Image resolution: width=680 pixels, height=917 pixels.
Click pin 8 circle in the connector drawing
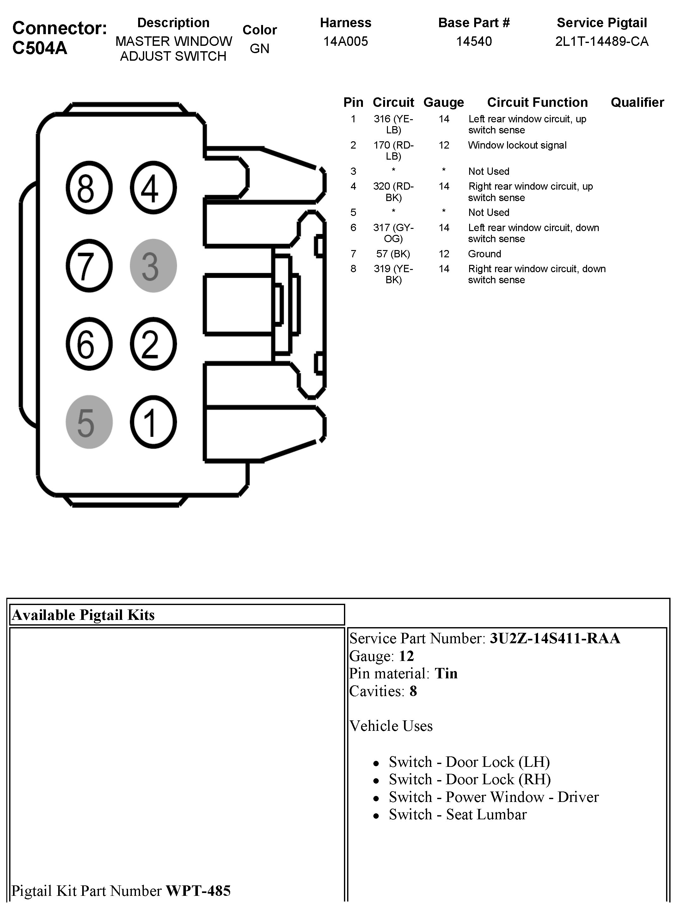coord(89,188)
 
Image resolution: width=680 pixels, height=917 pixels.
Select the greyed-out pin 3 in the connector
coord(153,266)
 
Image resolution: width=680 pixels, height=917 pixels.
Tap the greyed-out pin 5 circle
coord(89,422)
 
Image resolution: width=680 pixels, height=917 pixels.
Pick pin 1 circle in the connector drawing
coord(153,422)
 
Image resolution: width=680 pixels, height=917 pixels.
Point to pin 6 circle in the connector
coord(89,344)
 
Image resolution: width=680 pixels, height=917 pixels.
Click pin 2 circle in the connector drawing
coord(153,344)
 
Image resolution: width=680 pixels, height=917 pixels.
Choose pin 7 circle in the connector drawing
coord(89,266)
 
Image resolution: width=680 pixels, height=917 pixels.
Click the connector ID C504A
coord(40,48)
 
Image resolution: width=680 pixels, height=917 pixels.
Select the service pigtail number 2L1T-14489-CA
coord(601,41)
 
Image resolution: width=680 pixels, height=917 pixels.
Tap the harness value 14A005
coord(345,41)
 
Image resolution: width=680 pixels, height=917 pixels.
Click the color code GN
coord(259,49)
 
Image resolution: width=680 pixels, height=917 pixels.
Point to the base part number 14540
coord(474,41)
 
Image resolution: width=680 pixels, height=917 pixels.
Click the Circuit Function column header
coord(537,102)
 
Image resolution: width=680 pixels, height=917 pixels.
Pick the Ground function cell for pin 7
coord(485,254)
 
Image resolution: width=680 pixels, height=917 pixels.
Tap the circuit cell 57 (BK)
coord(393,254)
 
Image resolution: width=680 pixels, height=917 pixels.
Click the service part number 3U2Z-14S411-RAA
coord(554,639)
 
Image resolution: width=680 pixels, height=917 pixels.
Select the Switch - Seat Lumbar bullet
coord(457,815)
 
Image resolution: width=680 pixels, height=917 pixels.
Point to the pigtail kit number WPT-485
coord(198,891)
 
